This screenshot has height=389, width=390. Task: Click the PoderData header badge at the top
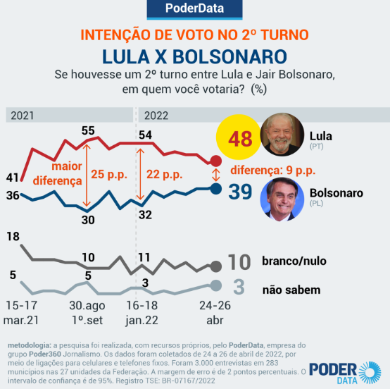[x=195, y=9]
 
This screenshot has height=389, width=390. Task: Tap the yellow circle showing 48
[x=239, y=138]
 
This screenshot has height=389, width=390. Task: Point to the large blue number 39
[x=240, y=192]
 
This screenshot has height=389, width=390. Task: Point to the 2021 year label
[x=22, y=115]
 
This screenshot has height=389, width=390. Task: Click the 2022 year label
[x=157, y=115]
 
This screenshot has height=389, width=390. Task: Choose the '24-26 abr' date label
[x=214, y=314]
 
